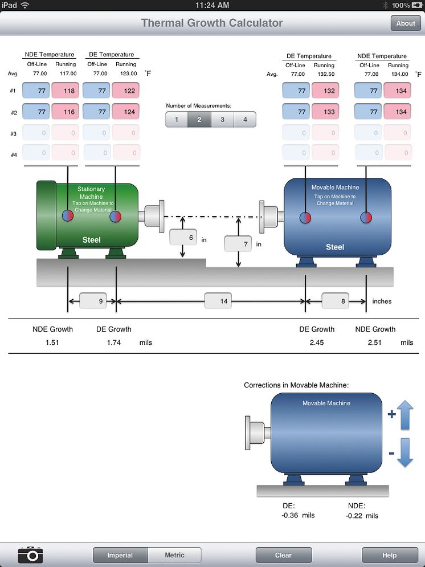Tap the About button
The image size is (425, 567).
[x=406, y=23]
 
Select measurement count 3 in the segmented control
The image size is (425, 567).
[x=222, y=120]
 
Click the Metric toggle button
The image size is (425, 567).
[x=174, y=555]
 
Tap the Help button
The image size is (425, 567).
[x=390, y=555]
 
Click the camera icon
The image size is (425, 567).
[x=31, y=554]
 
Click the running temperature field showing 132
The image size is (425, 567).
[x=324, y=91]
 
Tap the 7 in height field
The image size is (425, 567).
[x=238, y=244]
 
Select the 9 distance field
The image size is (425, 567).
[x=93, y=301]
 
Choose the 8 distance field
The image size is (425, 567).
[x=335, y=301]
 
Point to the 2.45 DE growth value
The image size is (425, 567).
[x=317, y=342]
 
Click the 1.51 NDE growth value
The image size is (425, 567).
[x=52, y=342]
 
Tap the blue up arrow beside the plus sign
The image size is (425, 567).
[x=405, y=415]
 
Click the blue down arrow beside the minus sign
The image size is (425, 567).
[x=405, y=453]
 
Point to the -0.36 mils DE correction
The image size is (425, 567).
[x=299, y=515]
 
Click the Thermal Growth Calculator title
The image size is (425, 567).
[x=212, y=23]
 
